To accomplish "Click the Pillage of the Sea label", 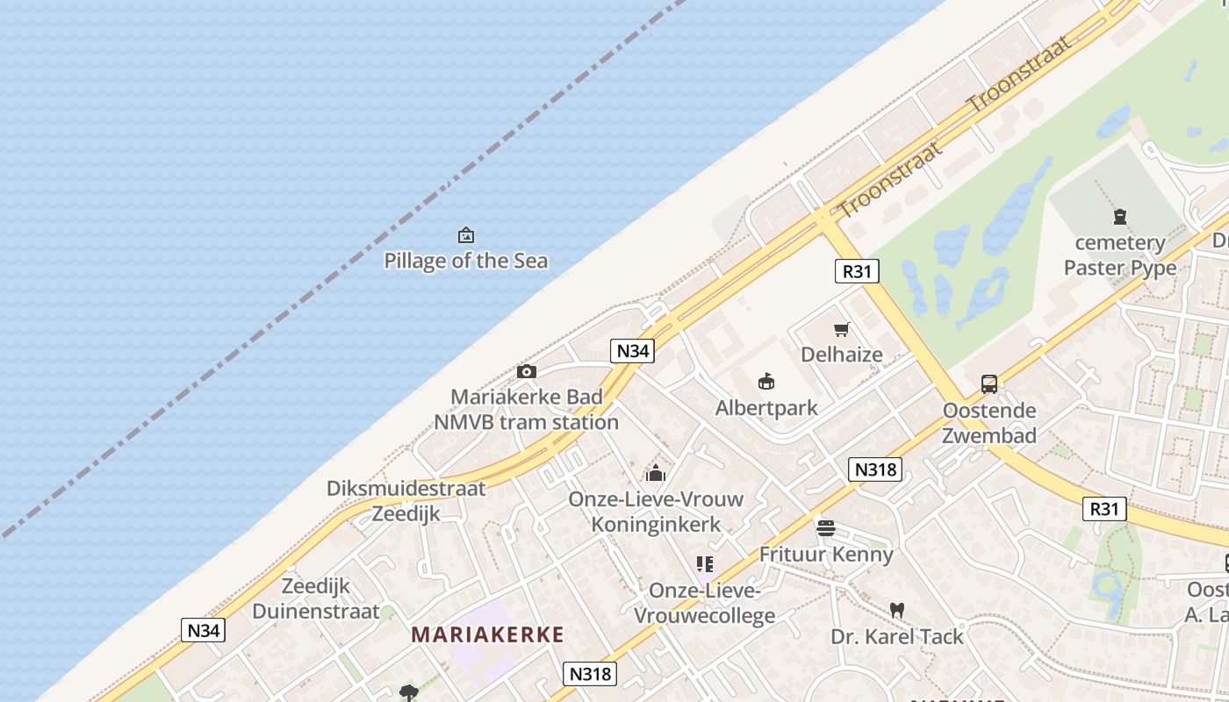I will (466, 261).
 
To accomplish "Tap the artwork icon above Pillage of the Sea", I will (466, 235).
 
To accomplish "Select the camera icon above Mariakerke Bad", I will (527, 371).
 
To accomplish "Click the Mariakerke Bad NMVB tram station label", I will (527, 410).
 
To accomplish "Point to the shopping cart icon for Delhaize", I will (842, 330).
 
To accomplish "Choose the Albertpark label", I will (766, 407).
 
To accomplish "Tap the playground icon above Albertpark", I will (766, 381).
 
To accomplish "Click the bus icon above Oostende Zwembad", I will (989, 383).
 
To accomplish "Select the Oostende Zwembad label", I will (989, 423).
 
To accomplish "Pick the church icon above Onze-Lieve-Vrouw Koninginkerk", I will (656, 474).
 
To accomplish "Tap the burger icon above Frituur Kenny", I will (825, 528).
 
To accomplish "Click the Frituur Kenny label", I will (825, 555).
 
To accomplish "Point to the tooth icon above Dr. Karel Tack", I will (897, 610).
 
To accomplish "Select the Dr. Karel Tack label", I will (897, 636).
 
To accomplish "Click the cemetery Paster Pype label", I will (1120, 254).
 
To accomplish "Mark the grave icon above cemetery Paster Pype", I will (1120, 216).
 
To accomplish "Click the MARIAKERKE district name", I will (487, 634).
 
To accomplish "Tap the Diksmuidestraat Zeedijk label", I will (406, 501).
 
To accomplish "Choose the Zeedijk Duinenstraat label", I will (316, 598).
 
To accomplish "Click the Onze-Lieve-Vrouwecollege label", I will (705, 603).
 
